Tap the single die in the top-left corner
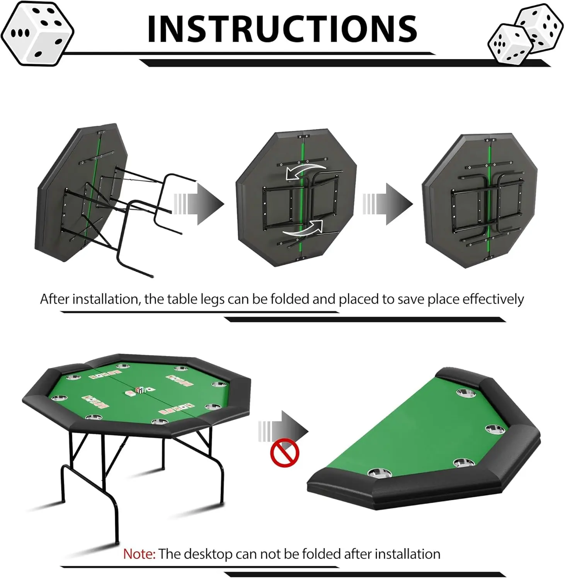pos(37,34)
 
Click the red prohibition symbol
pos(285,453)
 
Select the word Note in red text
pos(139,554)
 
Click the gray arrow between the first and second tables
pos(199,204)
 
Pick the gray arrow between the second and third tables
pos(388,204)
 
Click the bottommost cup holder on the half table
pos(380,472)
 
